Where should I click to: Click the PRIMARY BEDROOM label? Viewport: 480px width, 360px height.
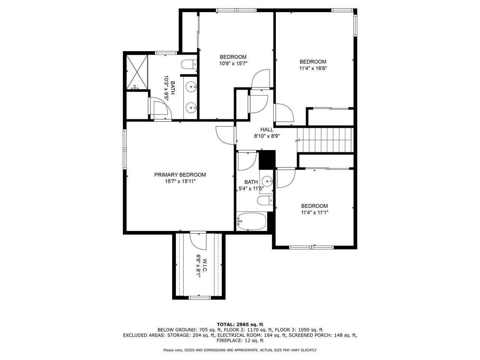tap(180, 175)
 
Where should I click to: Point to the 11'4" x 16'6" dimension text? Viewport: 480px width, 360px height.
tap(313, 68)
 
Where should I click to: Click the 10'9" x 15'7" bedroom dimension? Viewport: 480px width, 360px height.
tap(233, 64)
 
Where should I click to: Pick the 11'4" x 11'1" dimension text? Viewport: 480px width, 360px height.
tap(315, 212)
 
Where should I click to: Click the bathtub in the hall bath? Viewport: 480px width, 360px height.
tap(252, 221)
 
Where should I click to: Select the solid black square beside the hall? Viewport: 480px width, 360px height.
tap(267, 160)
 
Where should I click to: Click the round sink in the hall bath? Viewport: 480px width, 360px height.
tap(267, 180)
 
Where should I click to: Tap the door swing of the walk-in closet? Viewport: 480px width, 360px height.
tap(198, 240)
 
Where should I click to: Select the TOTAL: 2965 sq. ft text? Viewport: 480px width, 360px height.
tap(240, 324)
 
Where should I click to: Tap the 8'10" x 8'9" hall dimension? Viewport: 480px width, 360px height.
tap(267, 136)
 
